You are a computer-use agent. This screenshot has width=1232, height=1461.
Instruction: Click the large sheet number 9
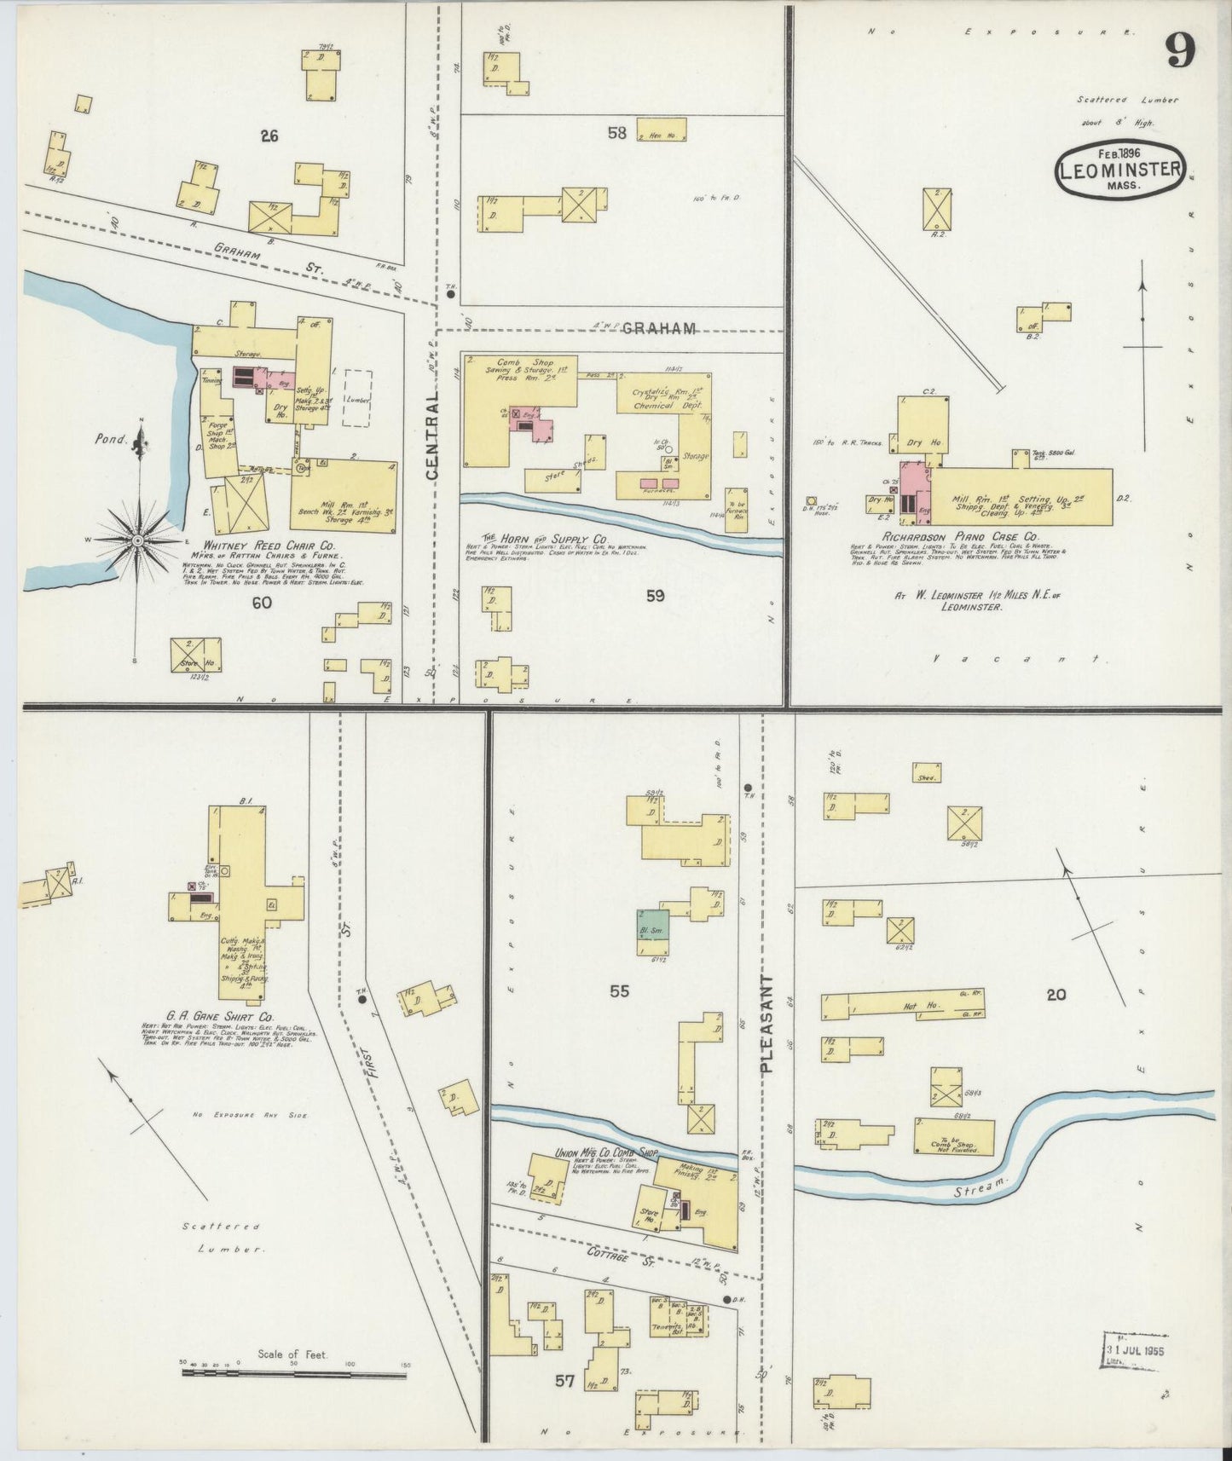coord(1181,53)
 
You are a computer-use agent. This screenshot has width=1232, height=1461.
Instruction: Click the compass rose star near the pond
coord(138,540)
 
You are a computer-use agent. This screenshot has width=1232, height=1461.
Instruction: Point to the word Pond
coord(111,441)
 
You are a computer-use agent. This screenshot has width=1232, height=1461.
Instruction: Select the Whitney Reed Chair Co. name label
coord(269,545)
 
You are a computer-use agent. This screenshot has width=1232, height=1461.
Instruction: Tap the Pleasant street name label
coord(766,1023)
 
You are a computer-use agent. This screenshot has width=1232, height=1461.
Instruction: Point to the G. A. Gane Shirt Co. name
coord(219,1016)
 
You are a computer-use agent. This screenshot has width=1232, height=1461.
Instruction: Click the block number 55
coord(619,991)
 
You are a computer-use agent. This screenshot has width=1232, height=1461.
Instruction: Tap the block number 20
coord(1056,994)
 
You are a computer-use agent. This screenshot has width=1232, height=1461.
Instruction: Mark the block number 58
coord(617,132)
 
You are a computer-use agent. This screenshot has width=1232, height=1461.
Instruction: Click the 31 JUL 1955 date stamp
coord(1135,1351)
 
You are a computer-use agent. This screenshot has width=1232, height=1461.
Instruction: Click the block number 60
coord(262,603)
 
